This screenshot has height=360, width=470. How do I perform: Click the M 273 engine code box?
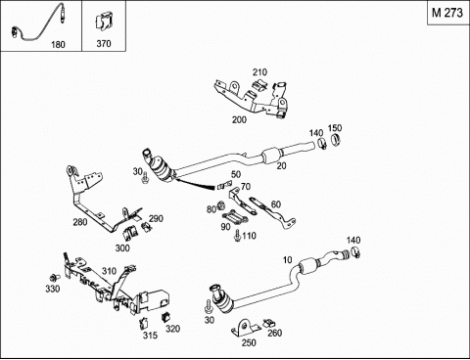pyautogui.click(x=447, y=13)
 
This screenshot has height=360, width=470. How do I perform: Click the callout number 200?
pyautogui.click(x=239, y=119)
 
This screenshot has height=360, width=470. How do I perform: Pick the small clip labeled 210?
pyautogui.click(x=260, y=85)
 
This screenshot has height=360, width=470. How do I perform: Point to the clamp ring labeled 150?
pyautogui.click(x=336, y=139)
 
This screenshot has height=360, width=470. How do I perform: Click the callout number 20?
pyautogui.click(x=281, y=165)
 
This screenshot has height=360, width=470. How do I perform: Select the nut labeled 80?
pyautogui.click(x=220, y=205)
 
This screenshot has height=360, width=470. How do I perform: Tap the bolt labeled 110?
pyautogui.click(x=238, y=236)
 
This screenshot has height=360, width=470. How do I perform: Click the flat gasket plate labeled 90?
pyautogui.click(x=234, y=217)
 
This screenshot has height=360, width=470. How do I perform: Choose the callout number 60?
pyautogui.click(x=276, y=204)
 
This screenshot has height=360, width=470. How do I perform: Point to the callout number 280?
pyautogui.click(x=80, y=222)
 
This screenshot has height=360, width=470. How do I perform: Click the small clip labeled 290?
pyautogui.click(x=146, y=227)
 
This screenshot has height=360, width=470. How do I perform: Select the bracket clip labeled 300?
pyautogui.click(x=129, y=233)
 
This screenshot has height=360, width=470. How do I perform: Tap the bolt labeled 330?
pyautogui.click(x=54, y=278)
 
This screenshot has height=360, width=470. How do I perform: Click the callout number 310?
pyautogui.click(x=109, y=271)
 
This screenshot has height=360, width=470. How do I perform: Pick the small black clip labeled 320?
pyautogui.click(x=166, y=317)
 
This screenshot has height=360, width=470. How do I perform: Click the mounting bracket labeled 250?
pyautogui.click(x=246, y=328)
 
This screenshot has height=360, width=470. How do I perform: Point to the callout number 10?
pyautogui.click(x=287, y=260)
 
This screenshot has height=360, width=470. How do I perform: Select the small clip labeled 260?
pyautogui.click(x=269, y=323)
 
